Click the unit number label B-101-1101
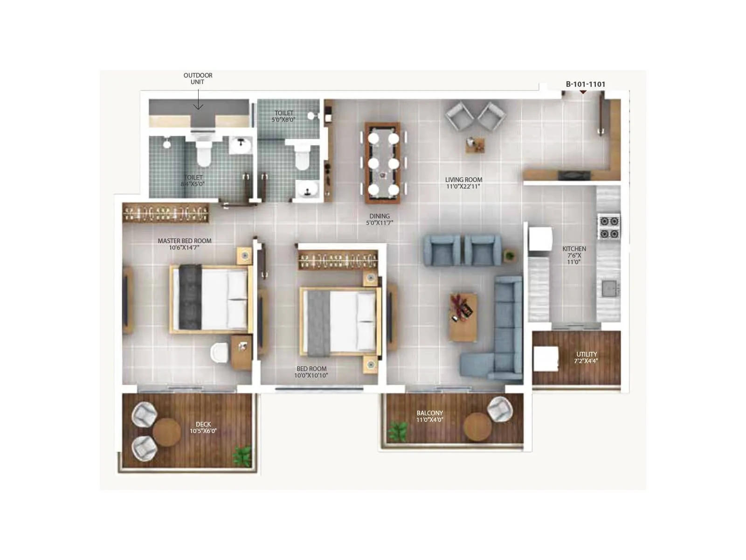pyautogui.click(x=585, y=84)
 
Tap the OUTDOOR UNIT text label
pyautogui.click(x=198, y=78)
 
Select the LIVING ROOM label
pyautogui.click(x=463, y=183)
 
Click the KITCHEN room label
pyautogui.click(x=574, y=255)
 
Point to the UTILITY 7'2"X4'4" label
pyautogui.click(x=586, y=357)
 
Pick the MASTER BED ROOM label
pyautogui.click(x=185, y=244)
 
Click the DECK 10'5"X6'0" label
pyautogui.click(x=203, y=427)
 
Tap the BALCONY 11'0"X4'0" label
pyautogui.click(x=429, y=416)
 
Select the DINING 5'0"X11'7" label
pyautogui.click(x=379, y=219)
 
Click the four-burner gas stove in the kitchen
pyautogui.click(x=609, y=227)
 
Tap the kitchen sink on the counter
pyautogui.click(x=608, y=288)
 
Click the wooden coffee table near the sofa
pyautogui.click(x=463, y=317)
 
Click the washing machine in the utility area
pyautogui.click(x=546, y=358)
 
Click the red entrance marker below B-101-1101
pyautogui.click(x=583, y=92)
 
